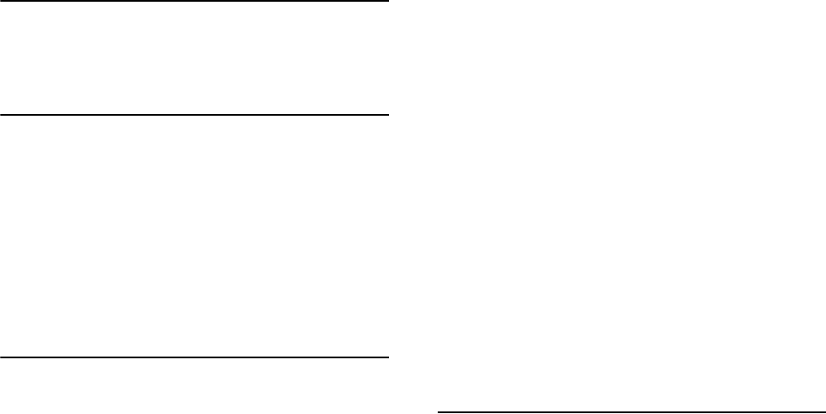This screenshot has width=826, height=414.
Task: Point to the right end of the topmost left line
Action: (x=388, y=1)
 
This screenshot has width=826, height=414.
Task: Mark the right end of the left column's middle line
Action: (x=388, y=114)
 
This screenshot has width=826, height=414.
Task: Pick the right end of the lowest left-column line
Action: (x=388, y=357)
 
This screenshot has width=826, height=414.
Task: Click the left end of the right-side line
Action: (x=439, y=411)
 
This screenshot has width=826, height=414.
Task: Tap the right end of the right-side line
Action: (x=824, y=411)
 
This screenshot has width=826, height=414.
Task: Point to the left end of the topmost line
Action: (x=1, y=1)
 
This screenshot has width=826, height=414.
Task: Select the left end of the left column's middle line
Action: (x=1, y=114)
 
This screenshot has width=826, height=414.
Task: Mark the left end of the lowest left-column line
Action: (x=1, y=357)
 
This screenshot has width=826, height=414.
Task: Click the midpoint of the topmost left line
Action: (x=195, y=1)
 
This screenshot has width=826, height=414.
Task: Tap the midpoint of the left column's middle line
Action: (x=195, y=114)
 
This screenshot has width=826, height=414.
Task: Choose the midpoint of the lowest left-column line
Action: (x=195, y=357)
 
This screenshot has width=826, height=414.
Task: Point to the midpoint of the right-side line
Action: (x=631, y=411)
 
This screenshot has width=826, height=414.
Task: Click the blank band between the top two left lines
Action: (x=195, y=57)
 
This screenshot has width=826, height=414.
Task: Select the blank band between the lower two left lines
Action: (x=195, y=236)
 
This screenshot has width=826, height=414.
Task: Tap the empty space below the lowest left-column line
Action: (x=195, y=386)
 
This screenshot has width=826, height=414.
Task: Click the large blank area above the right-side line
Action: (x=631, y=206)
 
